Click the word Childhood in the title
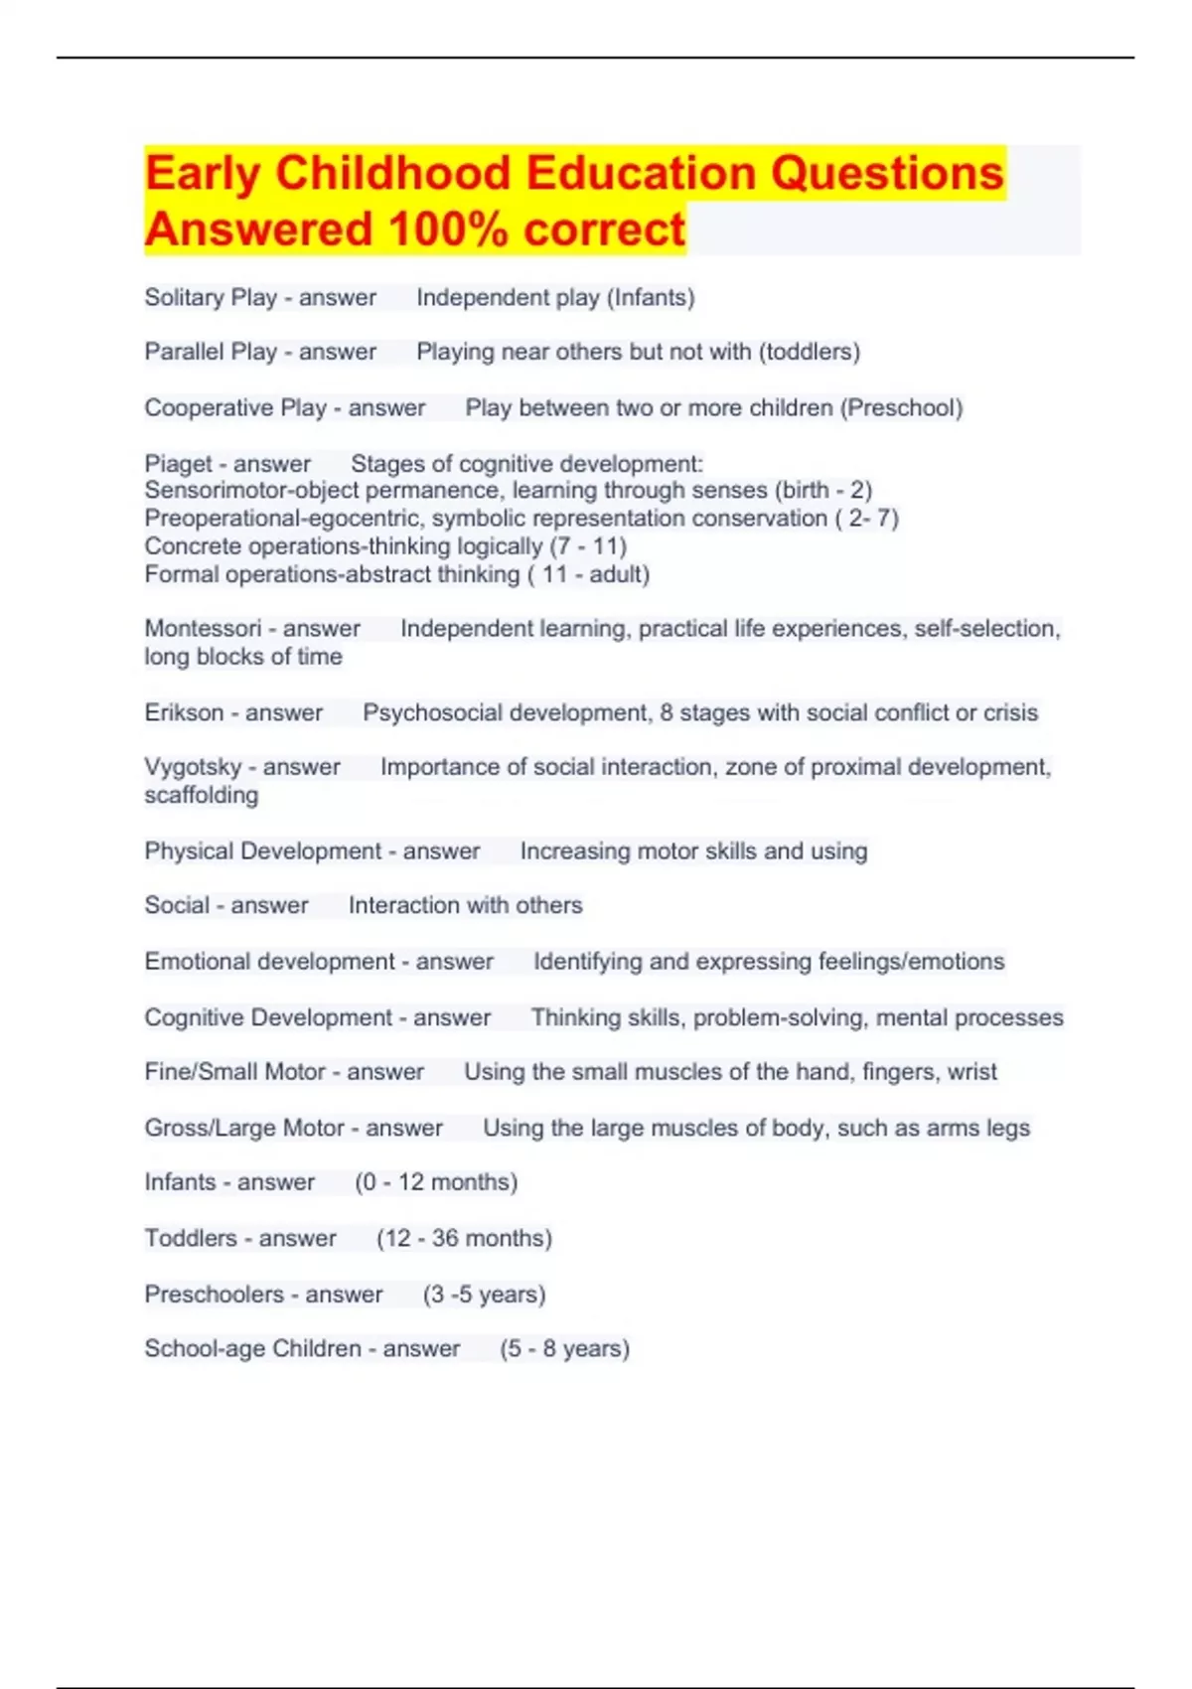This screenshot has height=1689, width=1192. (393, 173)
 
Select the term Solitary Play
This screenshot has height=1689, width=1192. (211, 297)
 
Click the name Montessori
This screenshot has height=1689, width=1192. (202, 628)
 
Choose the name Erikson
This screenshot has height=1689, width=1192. (184, 712)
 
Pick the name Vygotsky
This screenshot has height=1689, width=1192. (193, 767)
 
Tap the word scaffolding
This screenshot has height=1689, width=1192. (202, 795)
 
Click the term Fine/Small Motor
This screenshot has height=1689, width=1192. (235, 1071)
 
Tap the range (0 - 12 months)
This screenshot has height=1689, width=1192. (436, 1181)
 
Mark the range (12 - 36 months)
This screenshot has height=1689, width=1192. (464, 1238)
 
